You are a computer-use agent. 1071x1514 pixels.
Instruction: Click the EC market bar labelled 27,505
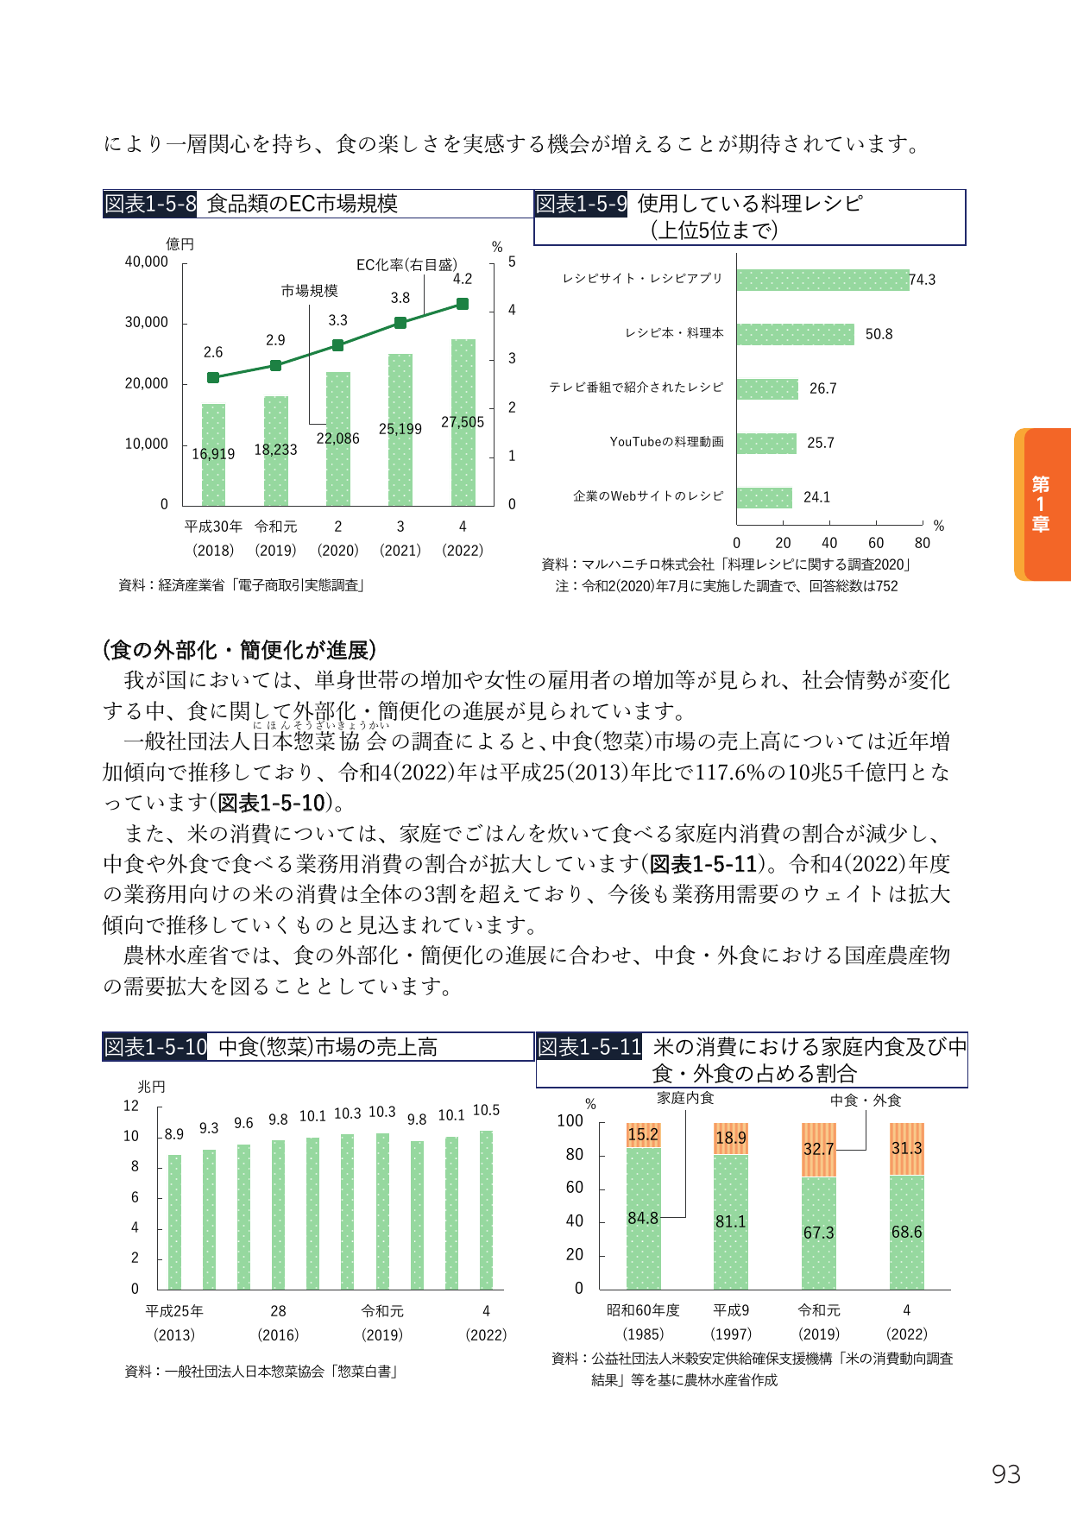click(463, 422)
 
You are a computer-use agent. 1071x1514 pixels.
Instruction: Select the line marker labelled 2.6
click(213, 377)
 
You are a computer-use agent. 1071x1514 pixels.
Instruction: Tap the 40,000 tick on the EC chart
click(147, 262)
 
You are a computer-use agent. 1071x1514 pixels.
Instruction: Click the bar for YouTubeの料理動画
click(766, 444)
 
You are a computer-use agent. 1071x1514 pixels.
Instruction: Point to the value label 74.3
click(923, 280)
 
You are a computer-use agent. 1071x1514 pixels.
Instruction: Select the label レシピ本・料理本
click(675, 333)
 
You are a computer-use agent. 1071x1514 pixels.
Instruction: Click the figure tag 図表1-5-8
click(150, 204)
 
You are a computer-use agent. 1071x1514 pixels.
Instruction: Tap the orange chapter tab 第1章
click(1043, 504)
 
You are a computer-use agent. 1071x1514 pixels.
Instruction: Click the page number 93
click(1006, 1474)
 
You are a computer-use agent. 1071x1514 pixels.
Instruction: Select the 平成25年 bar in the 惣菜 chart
click(174, 1222)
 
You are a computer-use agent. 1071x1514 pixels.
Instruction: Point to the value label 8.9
click(173, 1134)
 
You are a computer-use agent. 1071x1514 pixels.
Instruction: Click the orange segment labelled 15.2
click(644, 1135)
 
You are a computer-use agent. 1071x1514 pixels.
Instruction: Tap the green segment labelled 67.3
click(819, 1233)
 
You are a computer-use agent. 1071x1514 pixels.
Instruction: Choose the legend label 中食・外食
click(866, 1101)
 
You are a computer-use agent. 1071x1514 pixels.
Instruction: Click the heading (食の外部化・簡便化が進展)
click(240, 649)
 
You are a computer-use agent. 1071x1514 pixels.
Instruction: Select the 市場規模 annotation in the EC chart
click(309, 291)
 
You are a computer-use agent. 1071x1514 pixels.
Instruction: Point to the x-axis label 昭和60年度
click(644, 1310)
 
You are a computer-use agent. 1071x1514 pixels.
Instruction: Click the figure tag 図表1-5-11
click(589, 1047)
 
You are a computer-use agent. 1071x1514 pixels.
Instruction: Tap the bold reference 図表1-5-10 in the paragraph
click(271, 803)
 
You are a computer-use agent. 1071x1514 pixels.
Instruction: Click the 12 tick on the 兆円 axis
click(130, 1106)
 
